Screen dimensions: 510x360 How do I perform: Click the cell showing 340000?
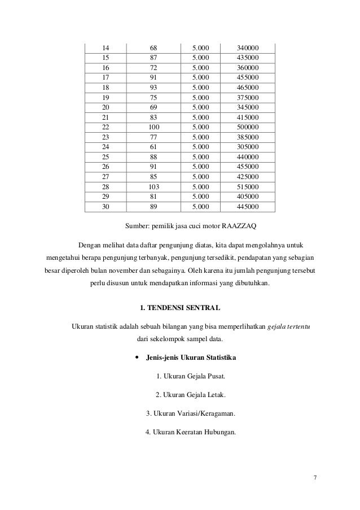(249, 47)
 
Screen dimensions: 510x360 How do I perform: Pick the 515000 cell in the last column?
(249, 186)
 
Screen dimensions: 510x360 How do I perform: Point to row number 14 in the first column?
(105, 47)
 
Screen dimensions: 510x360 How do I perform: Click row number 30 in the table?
(105, 207)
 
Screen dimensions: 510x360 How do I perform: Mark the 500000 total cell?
(249, 127)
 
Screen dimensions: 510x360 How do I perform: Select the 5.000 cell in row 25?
(200, 156)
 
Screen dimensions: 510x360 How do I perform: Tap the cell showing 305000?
(249, 147)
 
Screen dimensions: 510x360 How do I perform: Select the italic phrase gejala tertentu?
(291, 328)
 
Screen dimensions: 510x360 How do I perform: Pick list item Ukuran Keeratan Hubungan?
(190, 433)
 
